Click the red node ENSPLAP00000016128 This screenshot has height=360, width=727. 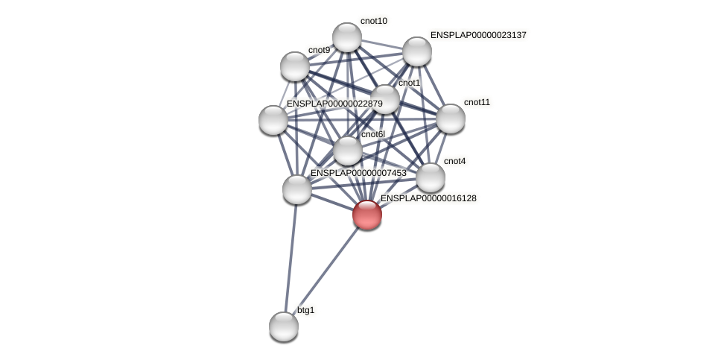coord(366,215)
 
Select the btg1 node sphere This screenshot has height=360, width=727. coord(283,326)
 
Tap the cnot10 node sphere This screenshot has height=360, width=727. coord(346,37)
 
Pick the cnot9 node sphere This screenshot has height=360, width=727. coord(294,66)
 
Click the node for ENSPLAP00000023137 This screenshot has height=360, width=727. coord(416,51)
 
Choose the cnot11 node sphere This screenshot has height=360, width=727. coord(450,119)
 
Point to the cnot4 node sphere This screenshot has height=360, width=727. coord(430,177)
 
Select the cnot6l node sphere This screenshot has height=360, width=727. coord(347,151)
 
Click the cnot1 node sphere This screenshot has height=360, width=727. coord(384,99)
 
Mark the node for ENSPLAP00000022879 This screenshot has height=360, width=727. coord(273,120)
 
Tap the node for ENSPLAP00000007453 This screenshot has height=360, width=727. coord(296,189)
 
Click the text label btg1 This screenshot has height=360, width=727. coord(306,310)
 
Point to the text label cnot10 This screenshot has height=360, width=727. coord(373,21)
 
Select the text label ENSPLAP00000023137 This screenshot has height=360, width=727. coord(478,35)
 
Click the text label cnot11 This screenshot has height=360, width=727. coord(477,102)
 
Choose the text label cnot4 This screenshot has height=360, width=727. coord(454,161)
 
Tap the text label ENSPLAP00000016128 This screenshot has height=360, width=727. coord(428,198)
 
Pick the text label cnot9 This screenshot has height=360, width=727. coord(319,50)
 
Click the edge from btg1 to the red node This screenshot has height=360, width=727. coord(325,270)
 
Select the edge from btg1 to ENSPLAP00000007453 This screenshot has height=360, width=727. coord(290,257)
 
